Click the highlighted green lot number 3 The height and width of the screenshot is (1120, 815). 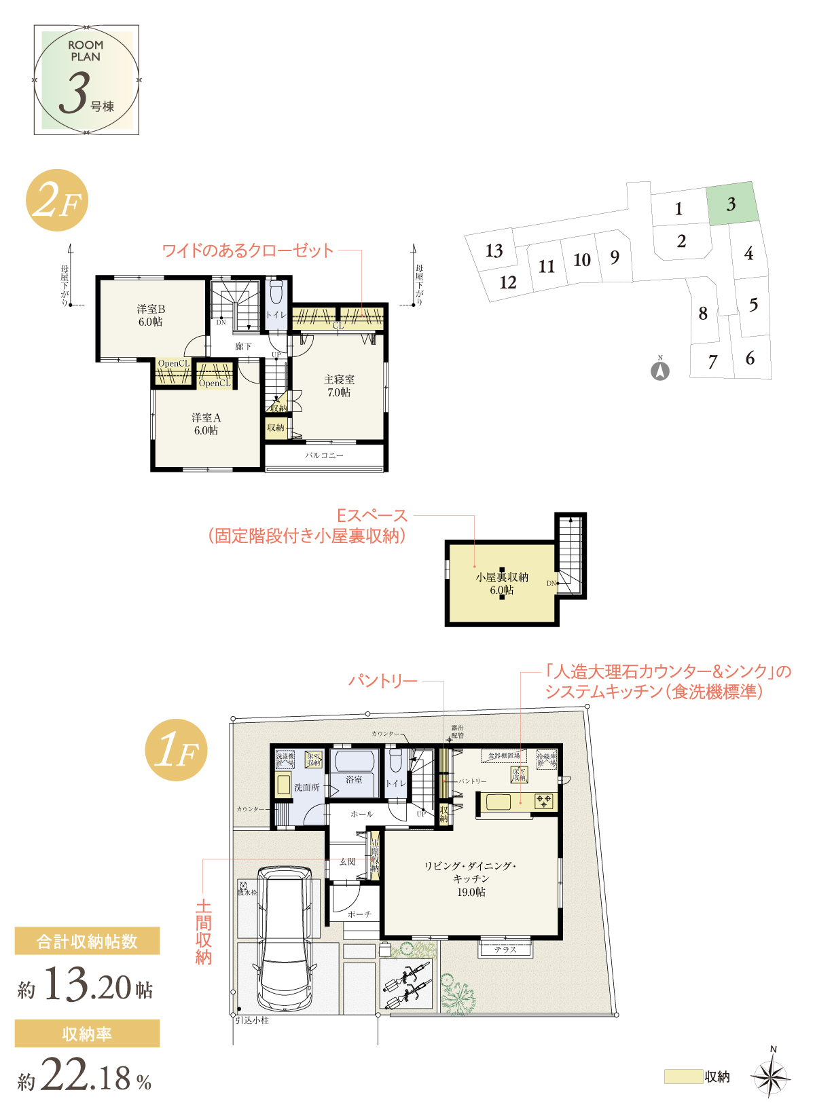[x=731, y=204]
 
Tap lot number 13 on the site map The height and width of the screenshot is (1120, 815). [x=494, y=251]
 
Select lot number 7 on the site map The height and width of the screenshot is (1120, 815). [x=712, y=362]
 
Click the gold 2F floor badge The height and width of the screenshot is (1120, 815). [x=57, y=200]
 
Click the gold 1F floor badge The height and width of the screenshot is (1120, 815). [x=176, y=750]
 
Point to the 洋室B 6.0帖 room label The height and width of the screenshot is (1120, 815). [x=151, y=316]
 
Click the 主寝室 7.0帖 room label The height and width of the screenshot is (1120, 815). [x=339, y=386]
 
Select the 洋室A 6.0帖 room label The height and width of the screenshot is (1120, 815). [x=206, y=424]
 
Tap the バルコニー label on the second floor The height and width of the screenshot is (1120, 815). [x=324, y=455]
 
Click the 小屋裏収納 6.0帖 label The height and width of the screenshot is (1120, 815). [x=502, y=583]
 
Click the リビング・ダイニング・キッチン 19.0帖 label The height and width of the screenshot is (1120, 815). [x=471, y=878]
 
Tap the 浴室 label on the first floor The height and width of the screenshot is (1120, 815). [x=354, y=779]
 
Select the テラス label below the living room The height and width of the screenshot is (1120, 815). [x=505, y=950]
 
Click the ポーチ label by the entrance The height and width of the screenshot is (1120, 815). [x=359, y=914]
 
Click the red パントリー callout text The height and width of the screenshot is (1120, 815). [x=383, y=681]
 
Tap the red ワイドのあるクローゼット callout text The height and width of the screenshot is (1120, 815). [x=248, y=250]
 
